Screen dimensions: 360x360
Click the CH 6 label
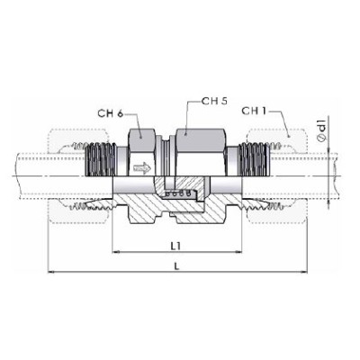(111, 112)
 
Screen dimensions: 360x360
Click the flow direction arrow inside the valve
(142, 168)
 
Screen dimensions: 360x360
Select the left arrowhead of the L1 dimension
(113, 251)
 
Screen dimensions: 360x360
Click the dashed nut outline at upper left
(68, 148)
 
